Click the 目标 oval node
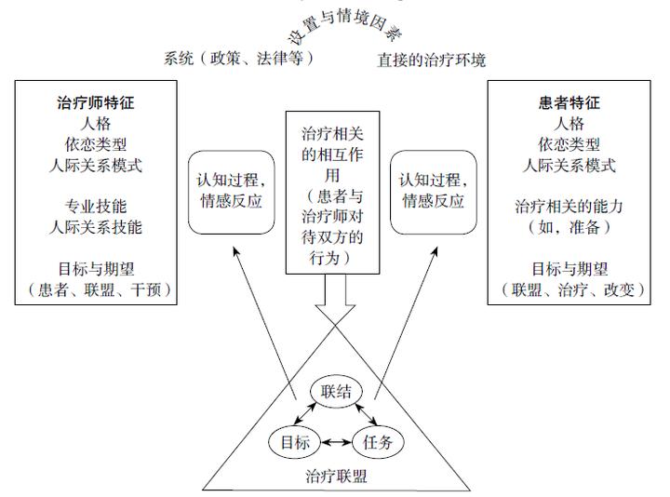(x=295, y=442)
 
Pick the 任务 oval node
(x=377, y=442)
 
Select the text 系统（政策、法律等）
(x=239, y=59)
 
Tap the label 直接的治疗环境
(x=432, y=60)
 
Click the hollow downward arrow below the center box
(x=335, y=298)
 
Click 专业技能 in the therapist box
(x=99, y=206)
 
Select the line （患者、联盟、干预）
(x=99, y=289)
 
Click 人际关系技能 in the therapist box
(x=99, y=226)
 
